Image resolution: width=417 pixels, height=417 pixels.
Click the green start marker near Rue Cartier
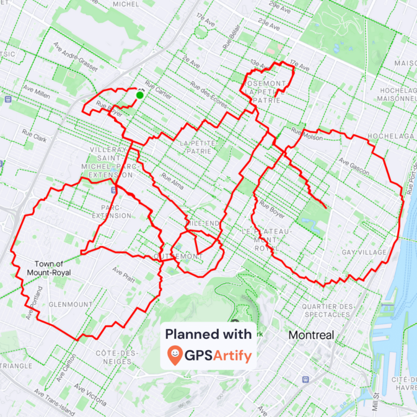[x=140, y=95]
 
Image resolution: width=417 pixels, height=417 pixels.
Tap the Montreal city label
[x=311, y=335]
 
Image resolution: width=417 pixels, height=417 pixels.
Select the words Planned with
[x=208, y=334]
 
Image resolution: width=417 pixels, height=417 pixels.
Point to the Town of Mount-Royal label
[x=52, y=268]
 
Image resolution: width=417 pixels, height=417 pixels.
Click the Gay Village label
[x=364, y=252]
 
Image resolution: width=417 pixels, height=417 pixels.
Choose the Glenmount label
[x=71, y=305]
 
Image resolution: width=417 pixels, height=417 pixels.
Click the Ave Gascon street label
[x=354, y=167]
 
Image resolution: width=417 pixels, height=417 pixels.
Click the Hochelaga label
[x=387, y=136]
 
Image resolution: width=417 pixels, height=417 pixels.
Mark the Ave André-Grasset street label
[x=75, y=56]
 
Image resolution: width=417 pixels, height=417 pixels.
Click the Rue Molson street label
[x=307, y=134]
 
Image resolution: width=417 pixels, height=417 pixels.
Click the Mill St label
[x=375, y=402]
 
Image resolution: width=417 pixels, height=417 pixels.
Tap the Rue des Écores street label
[x=208, y=94]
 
